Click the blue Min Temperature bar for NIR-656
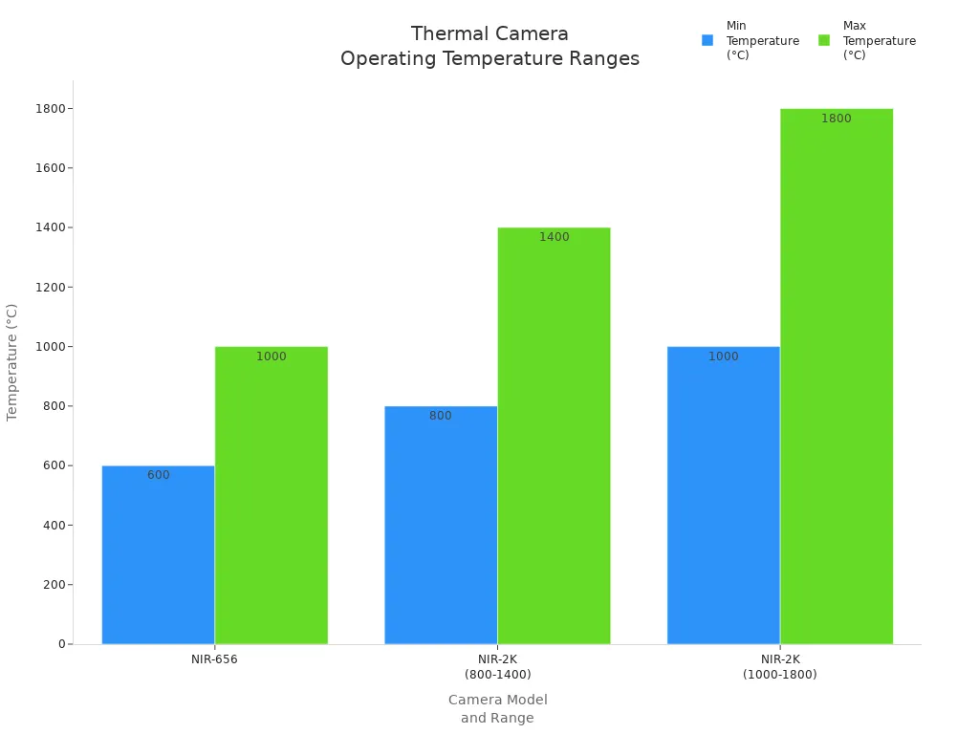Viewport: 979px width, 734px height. pos(158,554)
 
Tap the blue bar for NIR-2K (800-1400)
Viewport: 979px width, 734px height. pos(441,525)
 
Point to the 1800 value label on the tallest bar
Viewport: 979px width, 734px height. pos(836,119)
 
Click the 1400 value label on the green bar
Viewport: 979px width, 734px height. pos(554,237)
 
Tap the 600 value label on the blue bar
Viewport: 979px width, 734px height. pos(159,475)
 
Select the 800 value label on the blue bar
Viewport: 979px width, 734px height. pos(441,416)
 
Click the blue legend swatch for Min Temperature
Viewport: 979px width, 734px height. pos(707,40)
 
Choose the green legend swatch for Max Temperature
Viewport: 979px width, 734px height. pos(824,40)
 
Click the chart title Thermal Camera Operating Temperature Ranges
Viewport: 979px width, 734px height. pos(489,47)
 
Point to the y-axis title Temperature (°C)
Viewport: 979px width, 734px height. pos(12,361)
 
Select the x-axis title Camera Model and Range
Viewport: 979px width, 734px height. pos(497,709)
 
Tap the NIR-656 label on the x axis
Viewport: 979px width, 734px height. pos(214,659)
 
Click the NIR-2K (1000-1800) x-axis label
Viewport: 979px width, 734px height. pos(779,666)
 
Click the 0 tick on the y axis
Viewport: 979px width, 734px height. pos(61,644)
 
